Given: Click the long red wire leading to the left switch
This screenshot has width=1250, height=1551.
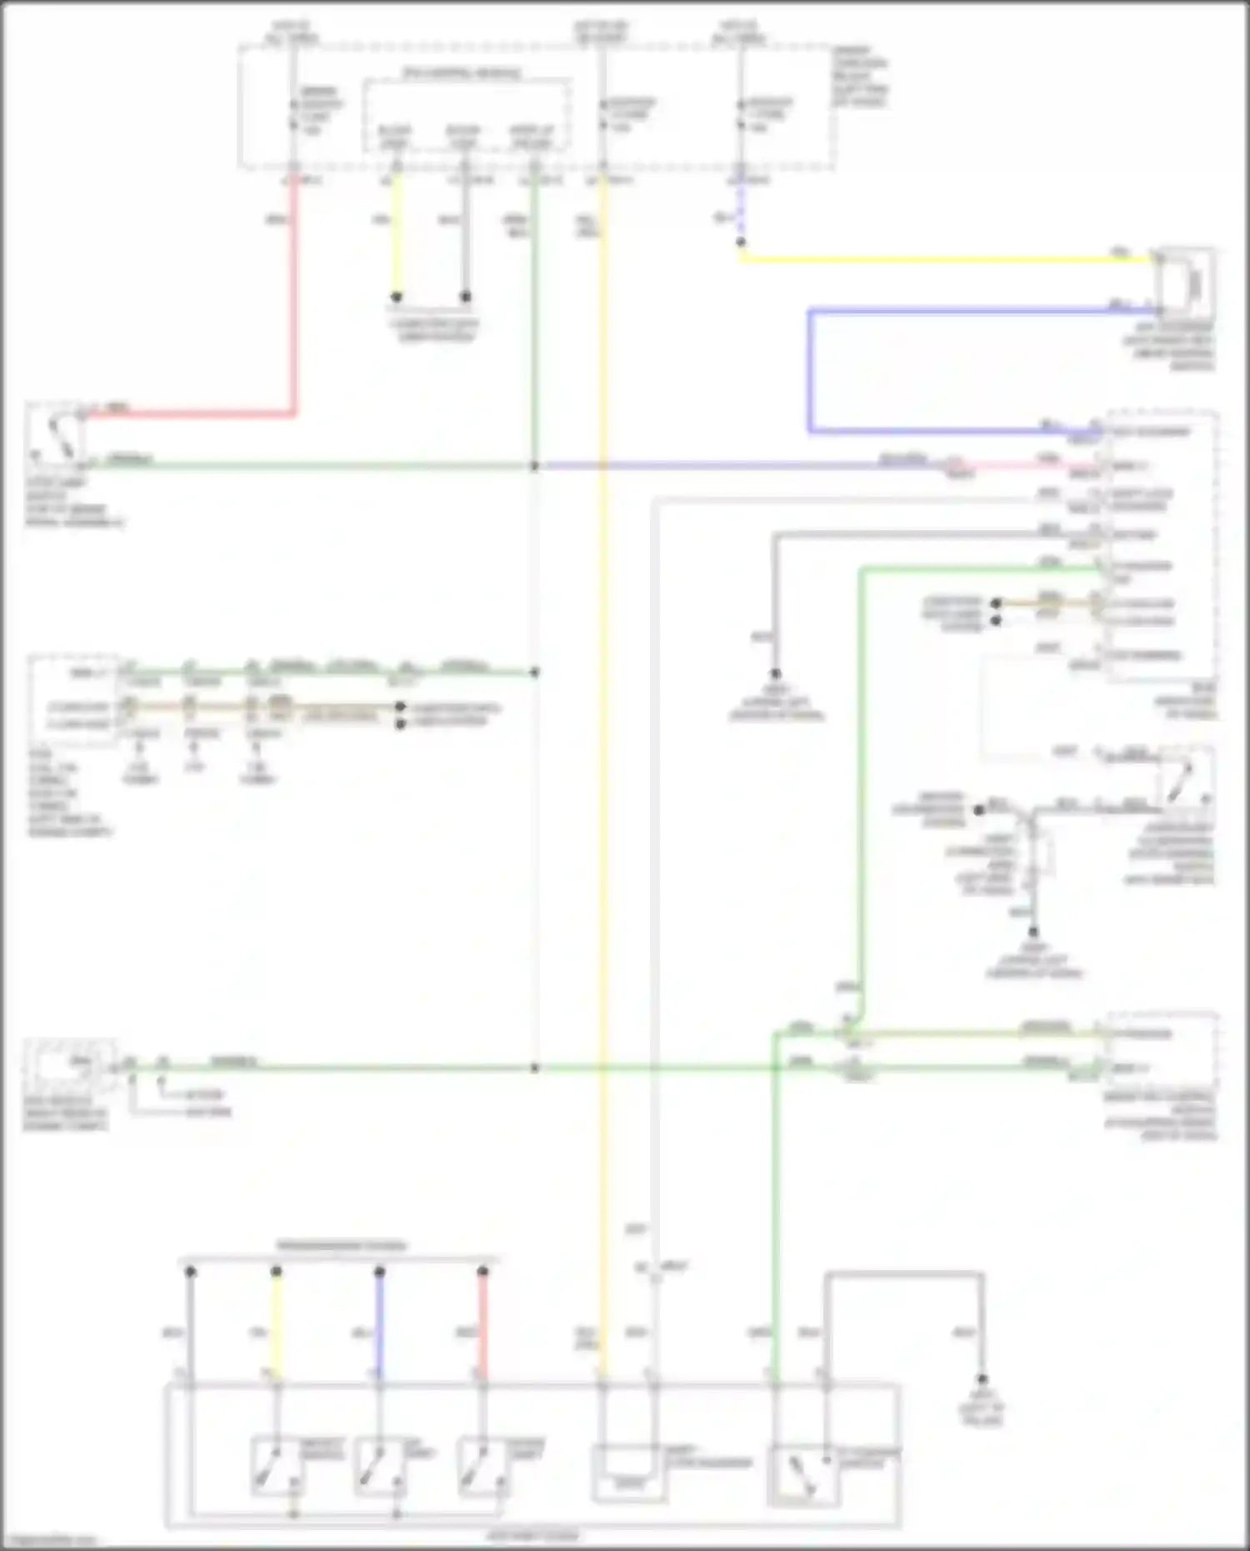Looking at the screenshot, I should pos(293,317).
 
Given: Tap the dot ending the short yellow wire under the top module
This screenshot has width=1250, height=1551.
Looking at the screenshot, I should pos(397,297).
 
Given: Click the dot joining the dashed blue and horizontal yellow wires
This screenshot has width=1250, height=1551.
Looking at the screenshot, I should pos(740,243).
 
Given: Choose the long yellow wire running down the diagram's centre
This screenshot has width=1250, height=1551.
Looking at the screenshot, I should pos(602,750).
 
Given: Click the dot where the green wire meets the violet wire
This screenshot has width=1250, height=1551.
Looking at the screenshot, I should pos(535,466).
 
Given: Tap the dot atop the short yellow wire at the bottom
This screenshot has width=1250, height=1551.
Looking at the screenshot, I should pos(277,1272).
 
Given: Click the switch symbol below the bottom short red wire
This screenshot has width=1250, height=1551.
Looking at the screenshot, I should pos(483,1466).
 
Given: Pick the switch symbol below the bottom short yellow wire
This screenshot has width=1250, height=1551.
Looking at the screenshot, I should pos(277,1466).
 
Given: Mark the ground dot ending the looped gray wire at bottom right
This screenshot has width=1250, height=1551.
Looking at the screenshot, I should pos(982,1380).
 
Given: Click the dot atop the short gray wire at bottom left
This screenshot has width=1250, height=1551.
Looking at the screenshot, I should pos(190,1272).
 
